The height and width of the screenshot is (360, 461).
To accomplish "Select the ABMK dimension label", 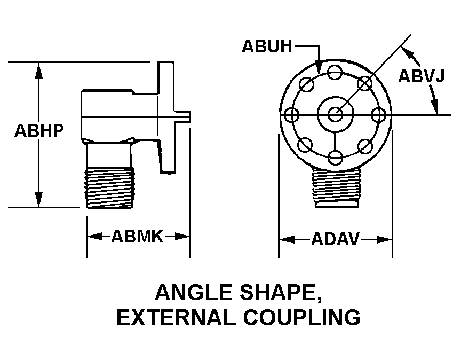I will (x=137, y=236).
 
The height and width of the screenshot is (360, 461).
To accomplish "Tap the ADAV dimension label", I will (x=336, y=240).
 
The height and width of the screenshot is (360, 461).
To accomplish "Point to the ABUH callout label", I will (x=267, y=46).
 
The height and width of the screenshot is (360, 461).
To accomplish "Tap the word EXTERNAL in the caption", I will (x=175, y=317).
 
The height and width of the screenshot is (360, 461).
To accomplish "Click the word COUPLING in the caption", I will (x=302, y=317).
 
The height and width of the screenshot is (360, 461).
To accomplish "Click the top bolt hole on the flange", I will (x=335, y=72).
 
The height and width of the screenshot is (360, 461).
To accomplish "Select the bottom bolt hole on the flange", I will (x=335, y=157).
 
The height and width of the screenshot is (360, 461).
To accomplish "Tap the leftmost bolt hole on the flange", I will (x=292, y=114).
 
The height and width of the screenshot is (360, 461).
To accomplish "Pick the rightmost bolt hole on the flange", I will (x=378, y=114).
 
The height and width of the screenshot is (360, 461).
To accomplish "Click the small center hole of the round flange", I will (x=335, y=114).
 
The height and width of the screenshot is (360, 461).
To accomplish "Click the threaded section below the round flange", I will (x=336, y=186).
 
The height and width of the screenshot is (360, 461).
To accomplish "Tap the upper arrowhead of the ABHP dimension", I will (x=38, y=69).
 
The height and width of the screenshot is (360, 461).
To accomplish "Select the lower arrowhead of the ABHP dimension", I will (x=38, y=200).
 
